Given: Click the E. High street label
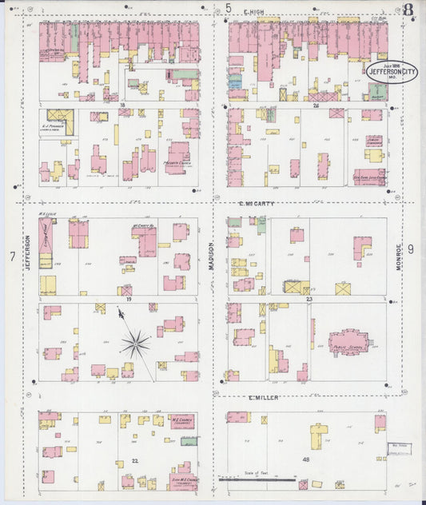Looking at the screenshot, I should point(254,12).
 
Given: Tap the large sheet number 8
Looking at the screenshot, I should point(408,10).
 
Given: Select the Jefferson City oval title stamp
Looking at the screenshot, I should point(391,72).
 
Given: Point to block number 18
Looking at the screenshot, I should point(122,105).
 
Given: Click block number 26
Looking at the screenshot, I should point(317,105).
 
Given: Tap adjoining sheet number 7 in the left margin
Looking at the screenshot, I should point(12,256).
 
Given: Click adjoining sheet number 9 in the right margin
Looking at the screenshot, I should point(411,249).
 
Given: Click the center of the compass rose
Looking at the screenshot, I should point(135,344).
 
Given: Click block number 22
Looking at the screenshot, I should point(135,461).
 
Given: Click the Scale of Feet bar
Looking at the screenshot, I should point(257,479).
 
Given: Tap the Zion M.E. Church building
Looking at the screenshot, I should point(184,478).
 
